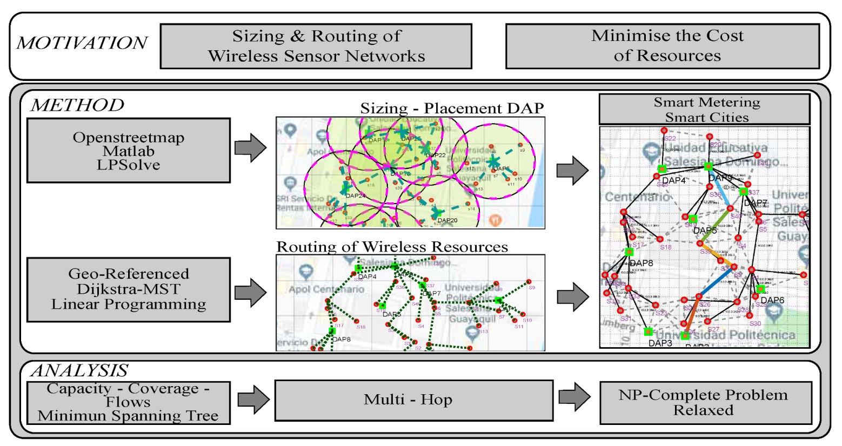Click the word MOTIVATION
pyautogui.click(x=82, y=43)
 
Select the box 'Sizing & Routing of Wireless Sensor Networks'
pyautogui.click(x=316, y=46)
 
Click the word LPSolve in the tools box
pyautogui.click(x=129, y=165)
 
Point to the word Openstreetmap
pyautogui.click(x=129, y=138)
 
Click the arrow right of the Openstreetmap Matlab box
pyautogui.click(x=250, y=148)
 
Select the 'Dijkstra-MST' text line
pyautogui.click(x=129, y=289)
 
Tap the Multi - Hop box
pyautogui.click(x=413, y=400)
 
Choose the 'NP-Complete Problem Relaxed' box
pyautogui.click(x=705, y=403)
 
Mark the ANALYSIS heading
pyautogui.click(x=80, y=370)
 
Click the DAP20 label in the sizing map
pyautogui.click(x=447, y=220)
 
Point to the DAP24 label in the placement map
pyautogui.click(x=356, y=196)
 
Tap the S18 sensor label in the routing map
pyautogui.click(x=361, y=327)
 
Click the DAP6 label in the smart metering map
pyautogui.click(x=772, y=300)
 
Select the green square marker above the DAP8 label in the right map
pyautogui.click(x=630, y=252)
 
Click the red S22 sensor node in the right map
pyautogui.click(x=664, y=131)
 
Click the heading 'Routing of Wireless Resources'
pyautogui.click(x=392, y=247)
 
